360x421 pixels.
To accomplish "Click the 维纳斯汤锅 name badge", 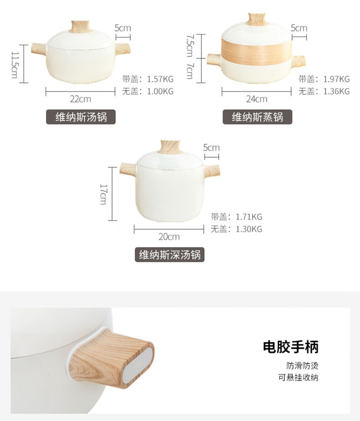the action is [81, 117].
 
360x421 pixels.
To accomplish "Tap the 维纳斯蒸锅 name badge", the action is [257, 117].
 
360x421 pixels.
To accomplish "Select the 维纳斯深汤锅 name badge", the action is [170, 255].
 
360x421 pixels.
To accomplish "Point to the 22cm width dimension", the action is [81, 99].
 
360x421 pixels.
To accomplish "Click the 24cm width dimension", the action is [257, 99].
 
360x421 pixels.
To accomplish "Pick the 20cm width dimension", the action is [169, 237].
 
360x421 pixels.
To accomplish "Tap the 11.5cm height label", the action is [15, 64].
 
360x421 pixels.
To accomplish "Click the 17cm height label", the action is [103, 194].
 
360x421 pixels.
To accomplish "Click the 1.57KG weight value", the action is [160, 79].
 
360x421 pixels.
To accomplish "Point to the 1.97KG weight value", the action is [336, 79].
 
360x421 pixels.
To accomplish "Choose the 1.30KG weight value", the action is [249, 229].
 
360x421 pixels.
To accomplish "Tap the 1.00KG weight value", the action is [160, 92].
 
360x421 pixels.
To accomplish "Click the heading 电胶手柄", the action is [291, 347].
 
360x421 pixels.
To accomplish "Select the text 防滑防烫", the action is [302, 365].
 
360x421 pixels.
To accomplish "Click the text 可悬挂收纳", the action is [298, 378].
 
